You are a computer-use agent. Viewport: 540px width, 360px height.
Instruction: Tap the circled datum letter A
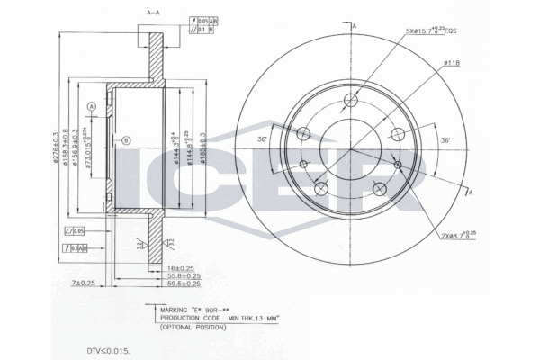[x=91, y=106]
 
